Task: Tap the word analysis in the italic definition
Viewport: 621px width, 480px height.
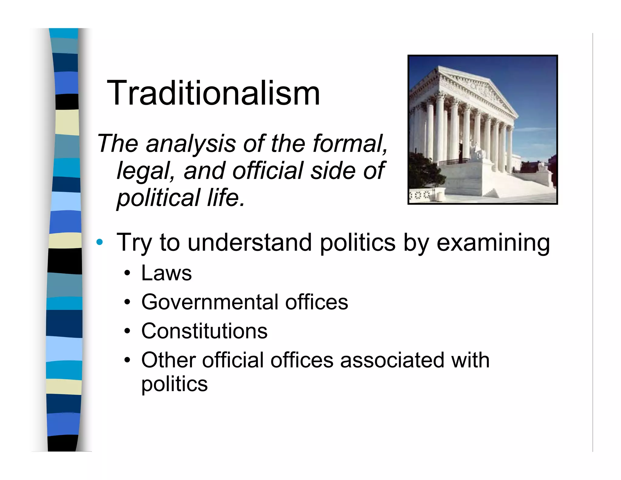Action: [x=191, y=144]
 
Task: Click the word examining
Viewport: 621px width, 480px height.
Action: [x=493, y=243]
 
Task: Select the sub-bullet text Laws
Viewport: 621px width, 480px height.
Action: [x=166, y=273]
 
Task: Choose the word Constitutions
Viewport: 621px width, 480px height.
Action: [x=204, y=331]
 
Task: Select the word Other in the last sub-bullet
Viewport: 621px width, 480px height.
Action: [x=168, y=360]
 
